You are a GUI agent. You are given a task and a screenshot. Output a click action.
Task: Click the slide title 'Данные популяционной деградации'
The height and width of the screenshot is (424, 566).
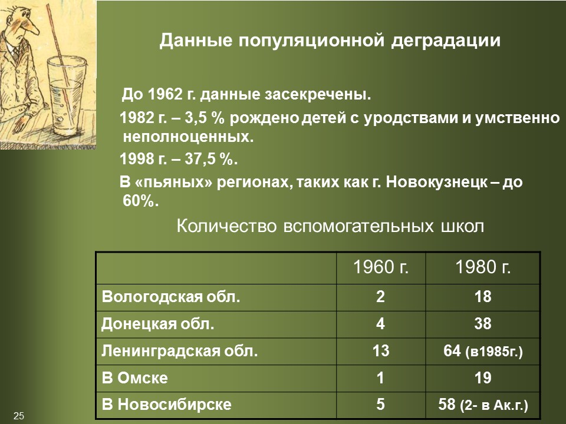click(x=331, y=41)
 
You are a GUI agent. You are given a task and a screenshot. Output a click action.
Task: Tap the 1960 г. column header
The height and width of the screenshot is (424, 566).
click(x=381, y=268)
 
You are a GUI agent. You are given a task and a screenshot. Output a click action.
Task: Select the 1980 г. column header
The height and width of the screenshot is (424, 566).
click(x=482, y=268)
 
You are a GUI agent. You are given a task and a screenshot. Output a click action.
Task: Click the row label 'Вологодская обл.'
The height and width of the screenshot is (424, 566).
click(x=171, y=297)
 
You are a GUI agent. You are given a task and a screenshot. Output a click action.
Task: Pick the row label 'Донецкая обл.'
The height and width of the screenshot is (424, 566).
click(x=158, y=324)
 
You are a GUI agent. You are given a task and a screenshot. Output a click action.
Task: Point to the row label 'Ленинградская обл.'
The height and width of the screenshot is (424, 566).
click(x=180, y=352)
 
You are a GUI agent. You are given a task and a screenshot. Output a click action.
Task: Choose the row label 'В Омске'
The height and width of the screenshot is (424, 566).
click(x=135, y=378)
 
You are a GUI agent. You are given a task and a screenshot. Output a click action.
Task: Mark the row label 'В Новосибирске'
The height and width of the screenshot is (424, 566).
click(x=166, y=405)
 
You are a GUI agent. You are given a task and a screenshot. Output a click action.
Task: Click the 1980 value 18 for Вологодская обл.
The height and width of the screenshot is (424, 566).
click(x=482, y=297)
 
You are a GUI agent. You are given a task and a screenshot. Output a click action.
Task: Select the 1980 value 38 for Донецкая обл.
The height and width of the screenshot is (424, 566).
click(x=482, y=324)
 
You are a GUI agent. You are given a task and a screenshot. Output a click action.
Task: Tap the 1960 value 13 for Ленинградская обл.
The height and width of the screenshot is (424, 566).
click(x=381, y=352)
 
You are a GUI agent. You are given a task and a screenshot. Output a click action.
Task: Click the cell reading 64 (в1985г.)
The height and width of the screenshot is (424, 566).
click(x=482, y=352)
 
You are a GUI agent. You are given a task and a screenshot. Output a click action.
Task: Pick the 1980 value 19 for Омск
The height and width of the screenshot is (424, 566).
click(x=482, y=378)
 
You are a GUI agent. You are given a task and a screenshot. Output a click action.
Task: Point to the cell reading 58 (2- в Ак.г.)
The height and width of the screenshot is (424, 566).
click(x=482, y=405)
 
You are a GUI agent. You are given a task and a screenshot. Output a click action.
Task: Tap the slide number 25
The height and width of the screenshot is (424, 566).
click(x=19, y=416)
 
